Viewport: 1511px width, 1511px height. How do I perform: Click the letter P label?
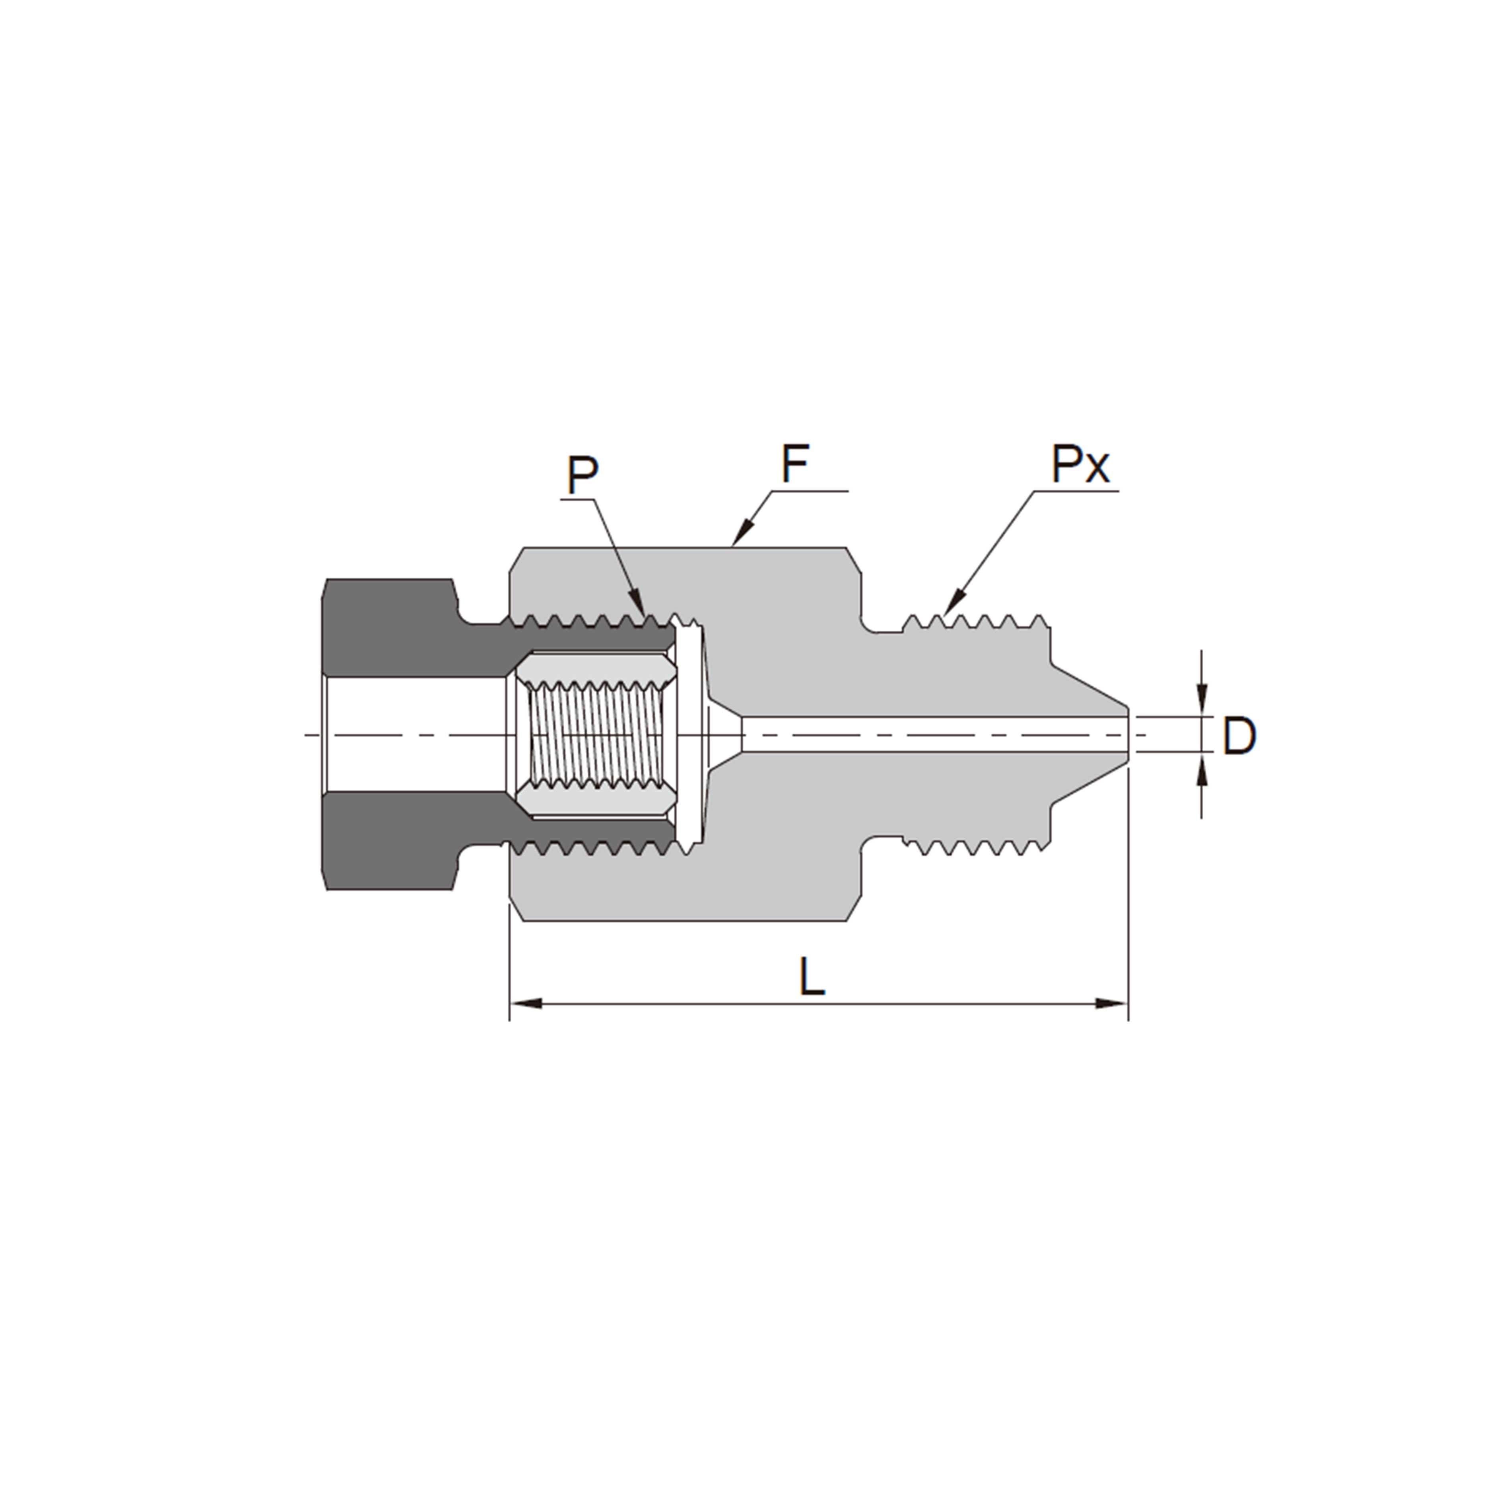583,476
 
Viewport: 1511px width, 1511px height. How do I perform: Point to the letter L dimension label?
812,978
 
